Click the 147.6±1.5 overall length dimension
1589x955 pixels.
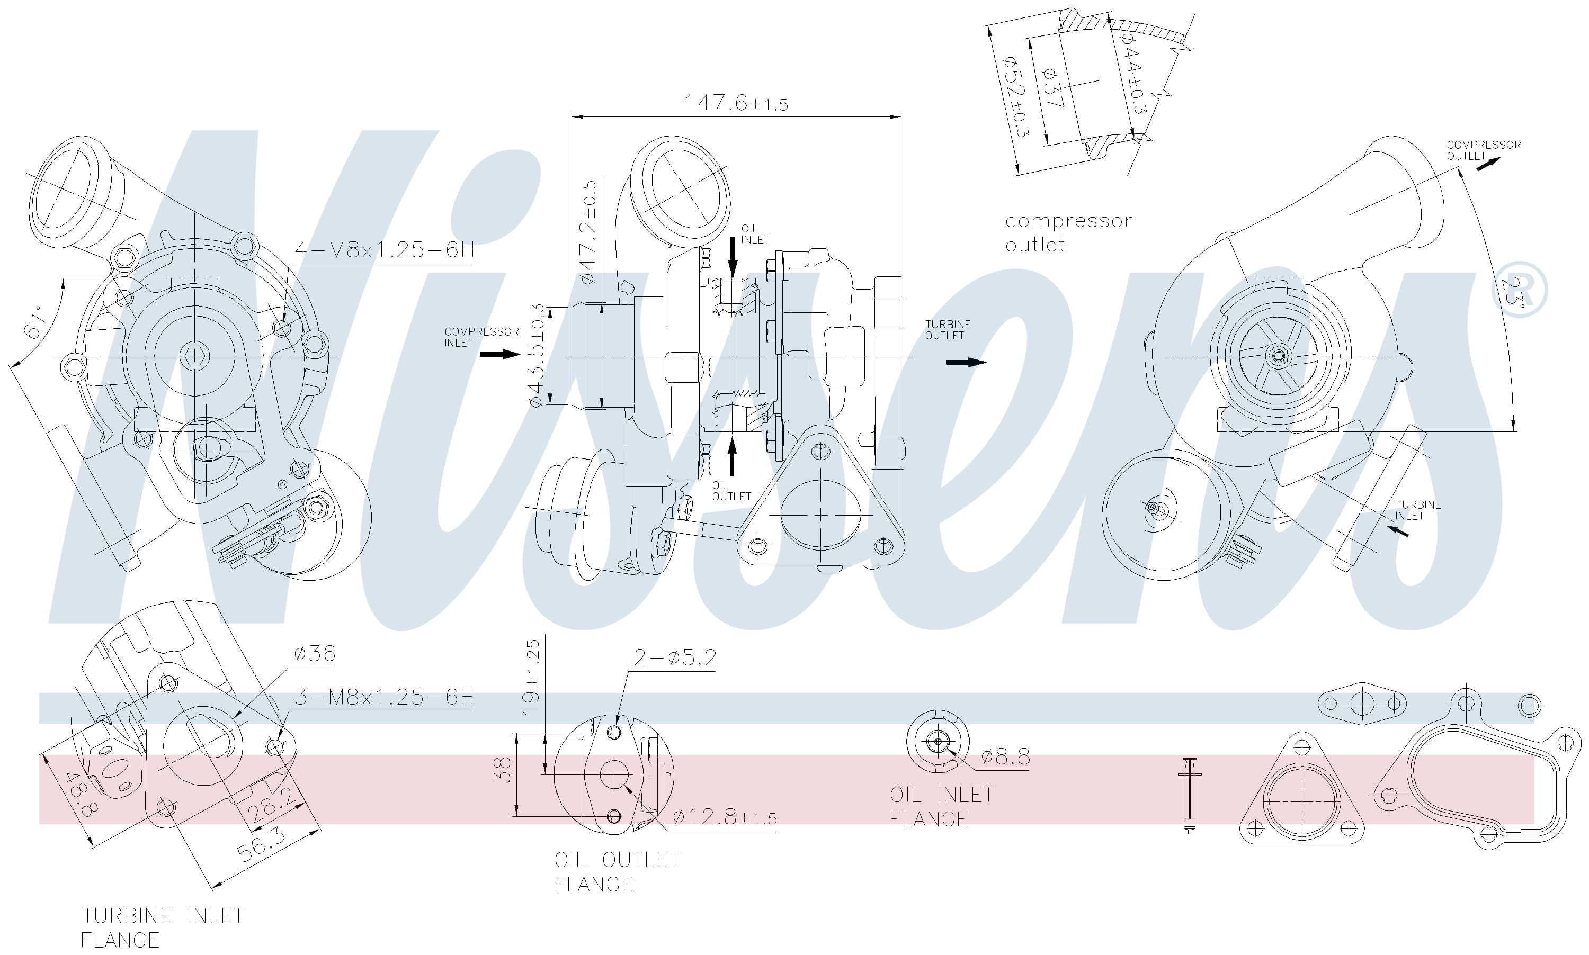click(x=735, y=103)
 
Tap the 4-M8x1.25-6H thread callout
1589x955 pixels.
click(x=385, y=250)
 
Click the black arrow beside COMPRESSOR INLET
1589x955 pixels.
click(x=500, y=354)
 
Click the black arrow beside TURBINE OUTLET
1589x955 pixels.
click(x=965, y=362)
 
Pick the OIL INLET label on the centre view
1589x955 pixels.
click(x=755, y=234)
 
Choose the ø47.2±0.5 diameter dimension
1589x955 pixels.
click(x=588, y=232)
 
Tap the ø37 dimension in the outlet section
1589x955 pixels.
click(x=1054, y=87)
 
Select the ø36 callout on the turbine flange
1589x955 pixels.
click(x=314, y=654)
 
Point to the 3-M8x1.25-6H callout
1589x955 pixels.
click(x=385, y=697)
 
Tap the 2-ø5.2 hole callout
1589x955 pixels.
click(x=674, y=657)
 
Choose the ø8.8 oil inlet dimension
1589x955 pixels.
click(x=1005, y=757)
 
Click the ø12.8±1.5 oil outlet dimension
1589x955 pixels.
click(x=725, y=817)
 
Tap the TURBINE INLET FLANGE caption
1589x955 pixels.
click(x=162, y=927)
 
